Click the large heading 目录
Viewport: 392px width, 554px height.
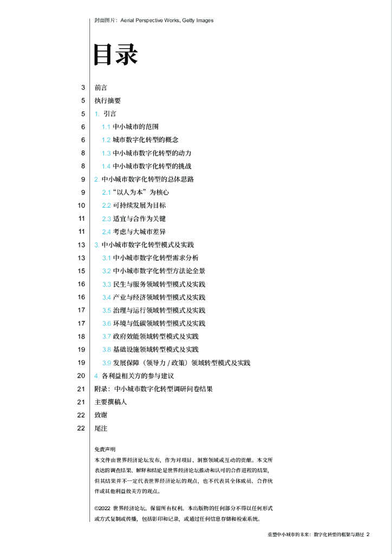[116, 54]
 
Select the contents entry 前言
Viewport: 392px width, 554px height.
[101, 88]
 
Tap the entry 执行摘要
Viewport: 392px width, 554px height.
[107, 101]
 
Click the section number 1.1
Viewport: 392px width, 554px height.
[106, 127]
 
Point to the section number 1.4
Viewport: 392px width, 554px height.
[106, 166]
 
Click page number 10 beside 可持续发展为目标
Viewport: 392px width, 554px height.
[81, 206]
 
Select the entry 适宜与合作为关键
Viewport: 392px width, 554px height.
[139, 219]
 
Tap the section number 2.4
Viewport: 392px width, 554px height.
[107, 232]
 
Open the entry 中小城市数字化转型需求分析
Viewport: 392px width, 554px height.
[155, 258]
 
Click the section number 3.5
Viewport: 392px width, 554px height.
[107, 311]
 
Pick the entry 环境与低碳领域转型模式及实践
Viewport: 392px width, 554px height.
[159, 324]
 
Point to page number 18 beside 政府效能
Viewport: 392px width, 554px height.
[81, 337]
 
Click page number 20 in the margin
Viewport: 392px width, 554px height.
[81, 376]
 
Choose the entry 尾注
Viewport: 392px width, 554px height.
[101, 428]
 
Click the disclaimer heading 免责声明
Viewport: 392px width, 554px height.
[104, 449]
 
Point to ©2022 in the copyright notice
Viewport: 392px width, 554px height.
[102, 509]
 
